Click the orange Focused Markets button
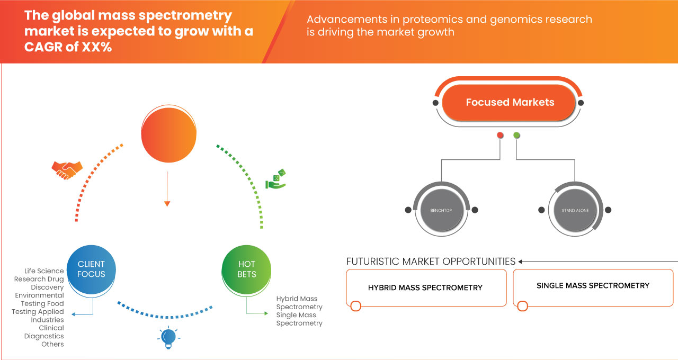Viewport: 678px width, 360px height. click(x=510, y=103)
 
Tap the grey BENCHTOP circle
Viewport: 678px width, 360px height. click(x=441, y=210)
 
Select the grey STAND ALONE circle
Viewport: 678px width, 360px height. click(x=575, y=210)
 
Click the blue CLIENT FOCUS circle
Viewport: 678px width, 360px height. click(x=91, y=269)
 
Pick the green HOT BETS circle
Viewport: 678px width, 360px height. click(x=247, y=269)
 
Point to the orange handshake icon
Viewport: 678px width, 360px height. click(x=67, y=169)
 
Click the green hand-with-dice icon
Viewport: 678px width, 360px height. click(x=276, y=179)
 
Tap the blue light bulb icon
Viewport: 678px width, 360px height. click(x=168, y=337)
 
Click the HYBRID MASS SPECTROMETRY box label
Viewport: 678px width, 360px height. click(x=425, y=287)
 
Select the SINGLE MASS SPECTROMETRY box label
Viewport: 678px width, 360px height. click(x=593, y=285)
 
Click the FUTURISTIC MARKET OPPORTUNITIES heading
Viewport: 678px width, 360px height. click(x=431, y=262)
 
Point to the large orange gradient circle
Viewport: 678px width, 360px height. click(x=167, y=135)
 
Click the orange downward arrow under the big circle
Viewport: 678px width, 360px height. click(x=167, y=202)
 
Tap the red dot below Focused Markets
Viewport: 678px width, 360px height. click(x=500, y=136)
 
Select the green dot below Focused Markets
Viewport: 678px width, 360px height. click(x=516, y=136)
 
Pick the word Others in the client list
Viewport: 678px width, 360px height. click(x=52, y=344)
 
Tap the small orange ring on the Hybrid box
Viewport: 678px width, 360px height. click(x=356, y=305)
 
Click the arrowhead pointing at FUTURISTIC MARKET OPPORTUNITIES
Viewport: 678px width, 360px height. click(x=521, y=262)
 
